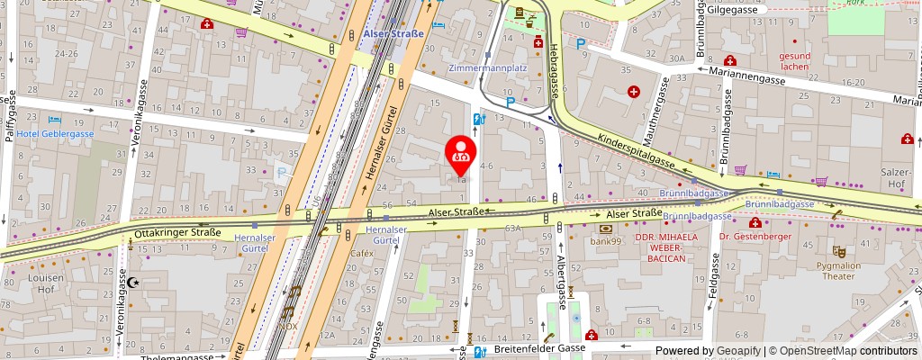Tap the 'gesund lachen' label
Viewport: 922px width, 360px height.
pos(795,61)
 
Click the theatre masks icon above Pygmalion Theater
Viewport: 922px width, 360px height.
pos(839,252)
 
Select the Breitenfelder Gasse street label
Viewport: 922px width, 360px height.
pos(533,347)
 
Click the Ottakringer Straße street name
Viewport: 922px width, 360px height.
pos(177,233)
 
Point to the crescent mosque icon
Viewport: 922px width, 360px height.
pos(136,282)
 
